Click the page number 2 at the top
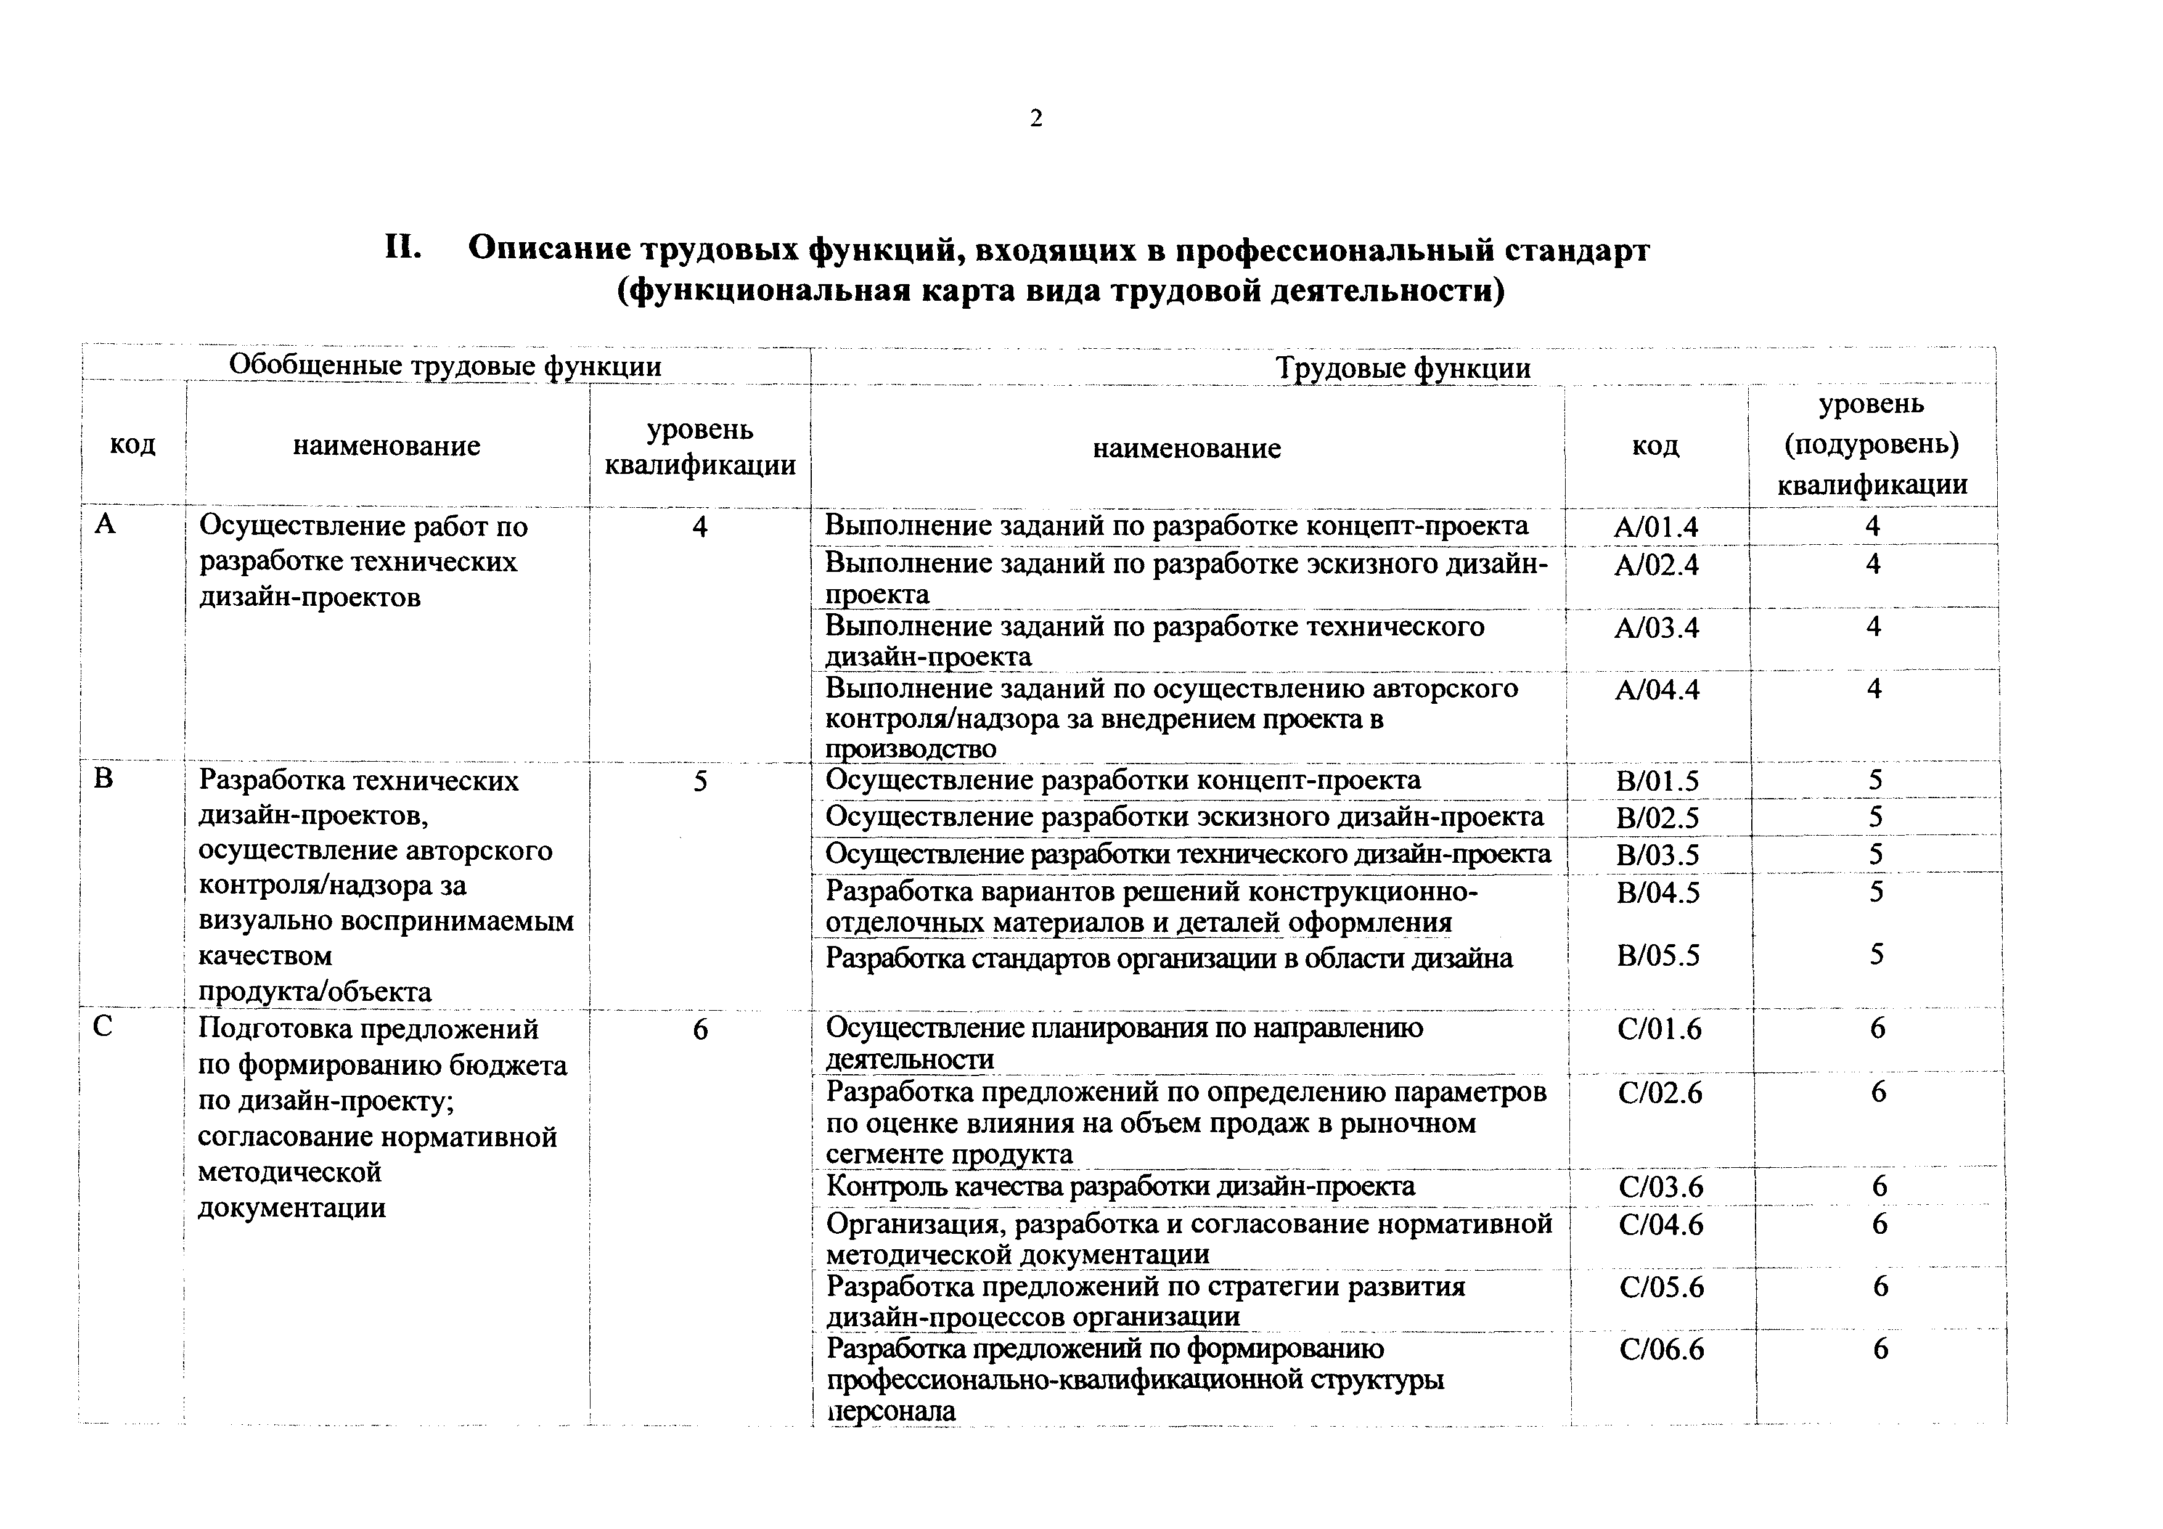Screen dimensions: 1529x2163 tap(1036, 119)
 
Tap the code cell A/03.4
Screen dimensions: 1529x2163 tap(1656, 627)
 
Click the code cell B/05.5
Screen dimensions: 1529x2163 tap(1658, 956)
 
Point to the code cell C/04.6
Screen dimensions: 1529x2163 tap(1661, 1224)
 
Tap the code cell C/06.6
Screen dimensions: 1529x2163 tap(1662, 1350)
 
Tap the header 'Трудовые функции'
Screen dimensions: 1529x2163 tap(1403, 367)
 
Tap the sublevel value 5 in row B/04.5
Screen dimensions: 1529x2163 tap(1876, 891)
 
